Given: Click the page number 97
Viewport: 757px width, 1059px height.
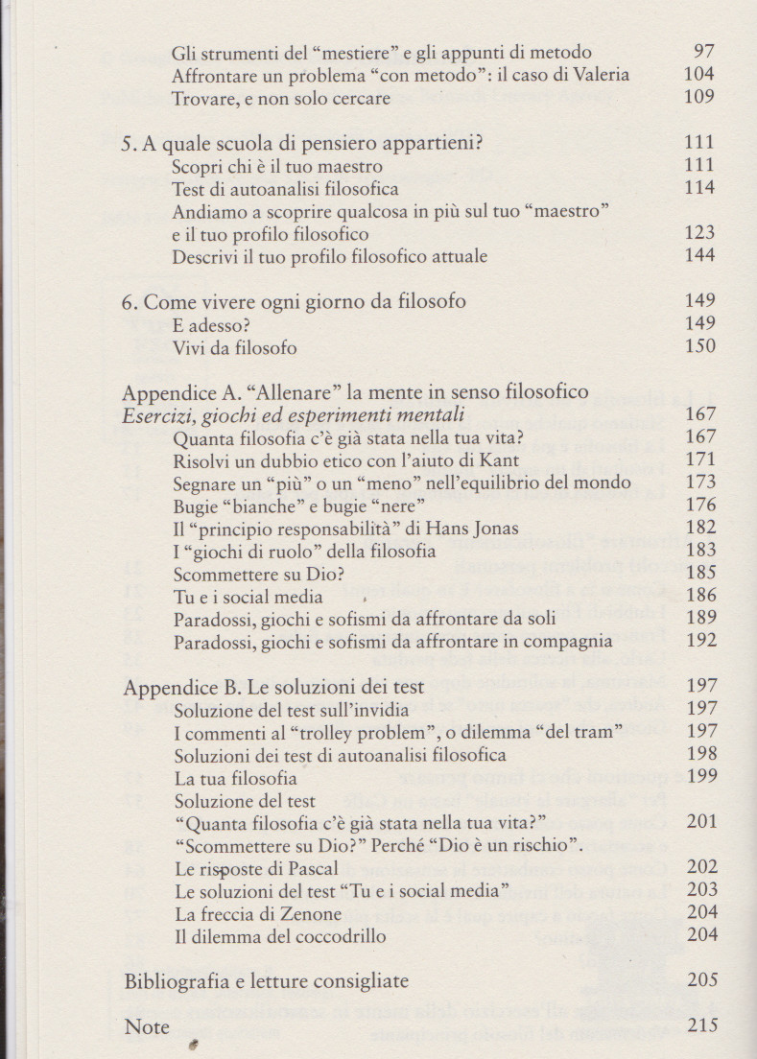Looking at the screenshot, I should click(x=703, y=52).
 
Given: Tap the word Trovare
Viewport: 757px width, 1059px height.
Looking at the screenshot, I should click(x=203, y=98).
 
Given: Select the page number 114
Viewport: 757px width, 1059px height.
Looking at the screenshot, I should click(x=700, y=188).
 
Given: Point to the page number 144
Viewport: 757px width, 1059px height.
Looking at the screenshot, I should click(x=700, y=256).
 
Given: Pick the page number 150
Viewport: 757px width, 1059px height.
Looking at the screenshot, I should click(x=700, y=346).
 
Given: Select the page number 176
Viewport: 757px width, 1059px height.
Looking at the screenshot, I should click(x=700, y=505).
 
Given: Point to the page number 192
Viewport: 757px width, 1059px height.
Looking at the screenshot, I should click(x=700, y=641).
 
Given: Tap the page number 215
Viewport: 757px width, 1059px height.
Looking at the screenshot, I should click(x=702, y=1025).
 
